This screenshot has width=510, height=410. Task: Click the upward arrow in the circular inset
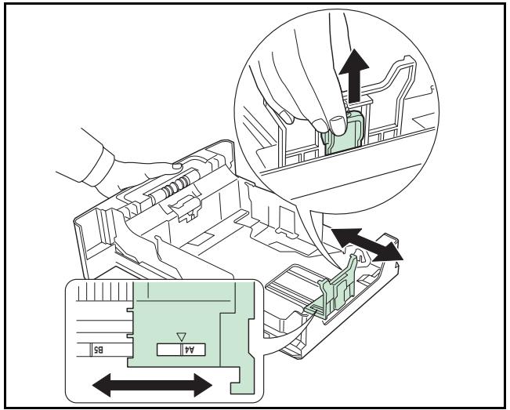(354, 75)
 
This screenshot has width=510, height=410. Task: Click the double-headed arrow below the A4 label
(152, 385)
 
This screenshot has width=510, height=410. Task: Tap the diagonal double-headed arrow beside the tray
(367, 245)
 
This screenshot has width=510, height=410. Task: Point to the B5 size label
(99, 350)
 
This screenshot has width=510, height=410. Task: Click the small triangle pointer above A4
(180, 336)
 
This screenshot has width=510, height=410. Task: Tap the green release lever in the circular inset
(342, 132)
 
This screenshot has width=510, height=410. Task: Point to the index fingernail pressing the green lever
(338, 125)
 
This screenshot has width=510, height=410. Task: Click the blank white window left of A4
(168, 350)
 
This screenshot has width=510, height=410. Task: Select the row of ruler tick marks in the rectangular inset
(105, 291)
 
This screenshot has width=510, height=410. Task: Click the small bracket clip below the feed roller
(186, 209)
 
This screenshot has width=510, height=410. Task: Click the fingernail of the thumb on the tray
(176, 166)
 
